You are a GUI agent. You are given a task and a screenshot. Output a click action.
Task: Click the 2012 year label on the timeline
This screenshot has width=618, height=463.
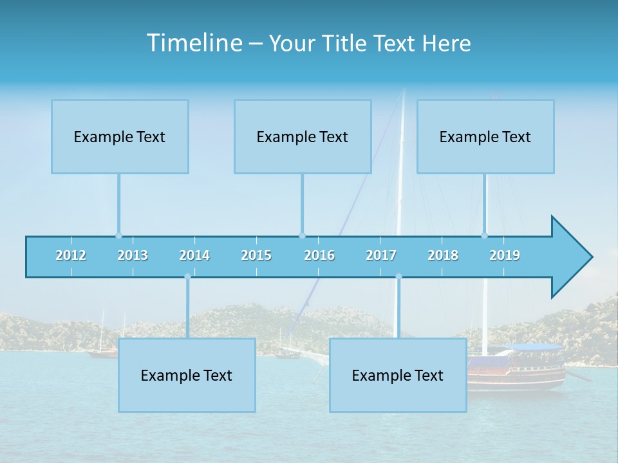click(71, 255)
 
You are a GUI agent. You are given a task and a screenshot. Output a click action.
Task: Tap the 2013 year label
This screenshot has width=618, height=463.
click(133, 255)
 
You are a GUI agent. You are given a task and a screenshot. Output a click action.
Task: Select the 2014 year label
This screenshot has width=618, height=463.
click(194, 255)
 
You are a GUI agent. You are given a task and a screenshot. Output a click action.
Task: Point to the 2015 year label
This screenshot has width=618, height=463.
click(256, 255)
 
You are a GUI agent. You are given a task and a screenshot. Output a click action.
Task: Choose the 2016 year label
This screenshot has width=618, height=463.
click(319, 255)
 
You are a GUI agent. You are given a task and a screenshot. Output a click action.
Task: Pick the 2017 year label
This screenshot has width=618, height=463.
click(381, 255)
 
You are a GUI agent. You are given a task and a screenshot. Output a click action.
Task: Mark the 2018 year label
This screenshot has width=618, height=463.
click(443, 255)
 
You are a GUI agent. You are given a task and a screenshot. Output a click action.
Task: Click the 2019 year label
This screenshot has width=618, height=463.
click(505, 255)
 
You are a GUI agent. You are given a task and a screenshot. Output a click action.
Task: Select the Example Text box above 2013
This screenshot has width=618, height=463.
click(120, 136)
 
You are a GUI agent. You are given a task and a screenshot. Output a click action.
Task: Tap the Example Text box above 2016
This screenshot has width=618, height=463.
click(303, 136)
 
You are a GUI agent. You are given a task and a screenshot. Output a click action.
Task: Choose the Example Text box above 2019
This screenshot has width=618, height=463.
click(485, 136)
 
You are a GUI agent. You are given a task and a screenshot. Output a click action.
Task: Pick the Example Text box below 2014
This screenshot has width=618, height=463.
click(187, 375)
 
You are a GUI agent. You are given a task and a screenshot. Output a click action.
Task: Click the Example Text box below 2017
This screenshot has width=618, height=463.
click(398, 375)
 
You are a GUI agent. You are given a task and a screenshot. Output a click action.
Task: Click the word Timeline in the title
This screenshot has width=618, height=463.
click(194, 43)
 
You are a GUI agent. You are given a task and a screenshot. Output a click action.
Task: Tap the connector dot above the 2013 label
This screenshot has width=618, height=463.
click(118, 235)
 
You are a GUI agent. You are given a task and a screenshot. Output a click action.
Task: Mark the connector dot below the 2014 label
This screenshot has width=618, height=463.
click(187, 277)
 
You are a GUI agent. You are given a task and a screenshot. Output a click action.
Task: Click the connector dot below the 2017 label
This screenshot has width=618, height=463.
click(398, 277)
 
